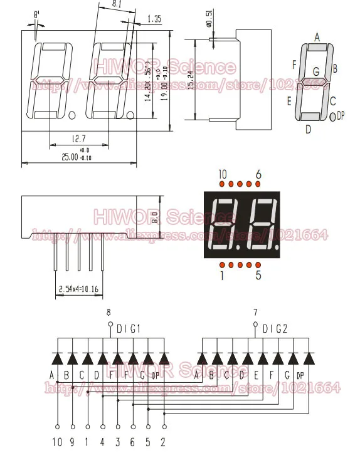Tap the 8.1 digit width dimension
pyautogui.click(x=117, y=4)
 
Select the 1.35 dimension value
pyautogui.click(x=154, y=19)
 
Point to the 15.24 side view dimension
pyautogui.click(x=191, y=80)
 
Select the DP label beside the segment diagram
pyautogui.click(x=341, y=115)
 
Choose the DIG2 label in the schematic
pyautogui.click(x=274, y=327)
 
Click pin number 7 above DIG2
pyautogui.click(x=255, y=312)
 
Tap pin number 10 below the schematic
pyautogui.click(x=58, y=442)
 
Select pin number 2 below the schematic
pyautogui.click(x=162, y=442)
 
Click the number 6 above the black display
pyautogui.click(x=258, y=174)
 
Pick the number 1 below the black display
pyautogui.click(x=221, y=274)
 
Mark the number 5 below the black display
pyautogui.click(x=258, y=274)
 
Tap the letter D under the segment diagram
pyautogui.click(x=308, y=130)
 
